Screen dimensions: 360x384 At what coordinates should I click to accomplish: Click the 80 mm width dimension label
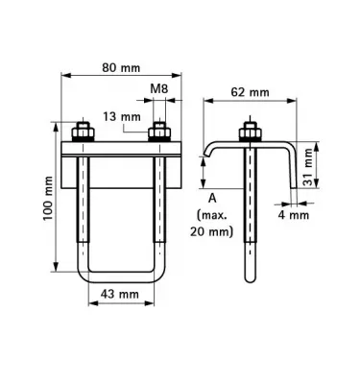coord(121,67)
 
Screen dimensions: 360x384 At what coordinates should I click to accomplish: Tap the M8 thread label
coord(159,88)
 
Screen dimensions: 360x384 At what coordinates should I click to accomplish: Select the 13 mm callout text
coord(122,116)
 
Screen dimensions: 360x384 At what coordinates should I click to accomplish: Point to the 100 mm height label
coord(48,198)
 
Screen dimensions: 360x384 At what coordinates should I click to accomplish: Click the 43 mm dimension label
coord(120,294)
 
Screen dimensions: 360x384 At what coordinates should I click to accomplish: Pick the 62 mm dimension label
coord(250,92)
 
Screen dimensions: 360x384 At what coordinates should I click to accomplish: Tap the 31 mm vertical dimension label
coord(308,167)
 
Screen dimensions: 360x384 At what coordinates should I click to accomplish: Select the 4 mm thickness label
coord(294,215)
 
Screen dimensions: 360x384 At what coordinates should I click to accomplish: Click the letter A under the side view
coord(212,199)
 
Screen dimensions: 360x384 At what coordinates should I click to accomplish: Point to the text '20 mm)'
coord(211,231)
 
